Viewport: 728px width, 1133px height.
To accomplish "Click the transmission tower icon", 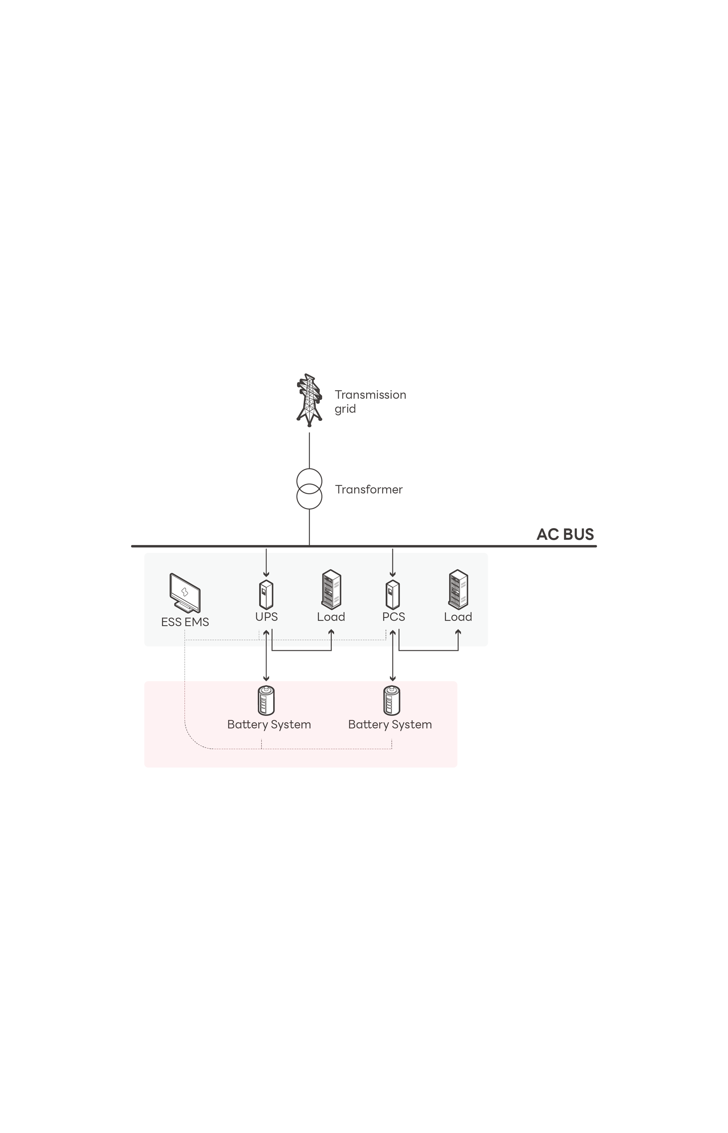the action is (x=309, y=400).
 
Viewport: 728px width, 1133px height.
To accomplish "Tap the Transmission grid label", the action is (x=370, y=401).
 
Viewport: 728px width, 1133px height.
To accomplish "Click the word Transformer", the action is (x=369, y=489).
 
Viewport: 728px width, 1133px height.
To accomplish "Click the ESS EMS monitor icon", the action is (x=185, y=593).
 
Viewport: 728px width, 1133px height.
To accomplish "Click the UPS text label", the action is (x=266, y=617).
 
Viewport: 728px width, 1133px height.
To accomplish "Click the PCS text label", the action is (x=393, y=617).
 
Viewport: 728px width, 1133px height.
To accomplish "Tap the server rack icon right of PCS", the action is (x=458, y=589).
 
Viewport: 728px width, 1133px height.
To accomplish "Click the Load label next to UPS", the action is (x=331, y=617).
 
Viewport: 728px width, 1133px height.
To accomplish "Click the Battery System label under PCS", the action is (x=390, y=724).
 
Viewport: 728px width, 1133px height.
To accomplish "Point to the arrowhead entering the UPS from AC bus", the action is (x=266, y=574).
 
